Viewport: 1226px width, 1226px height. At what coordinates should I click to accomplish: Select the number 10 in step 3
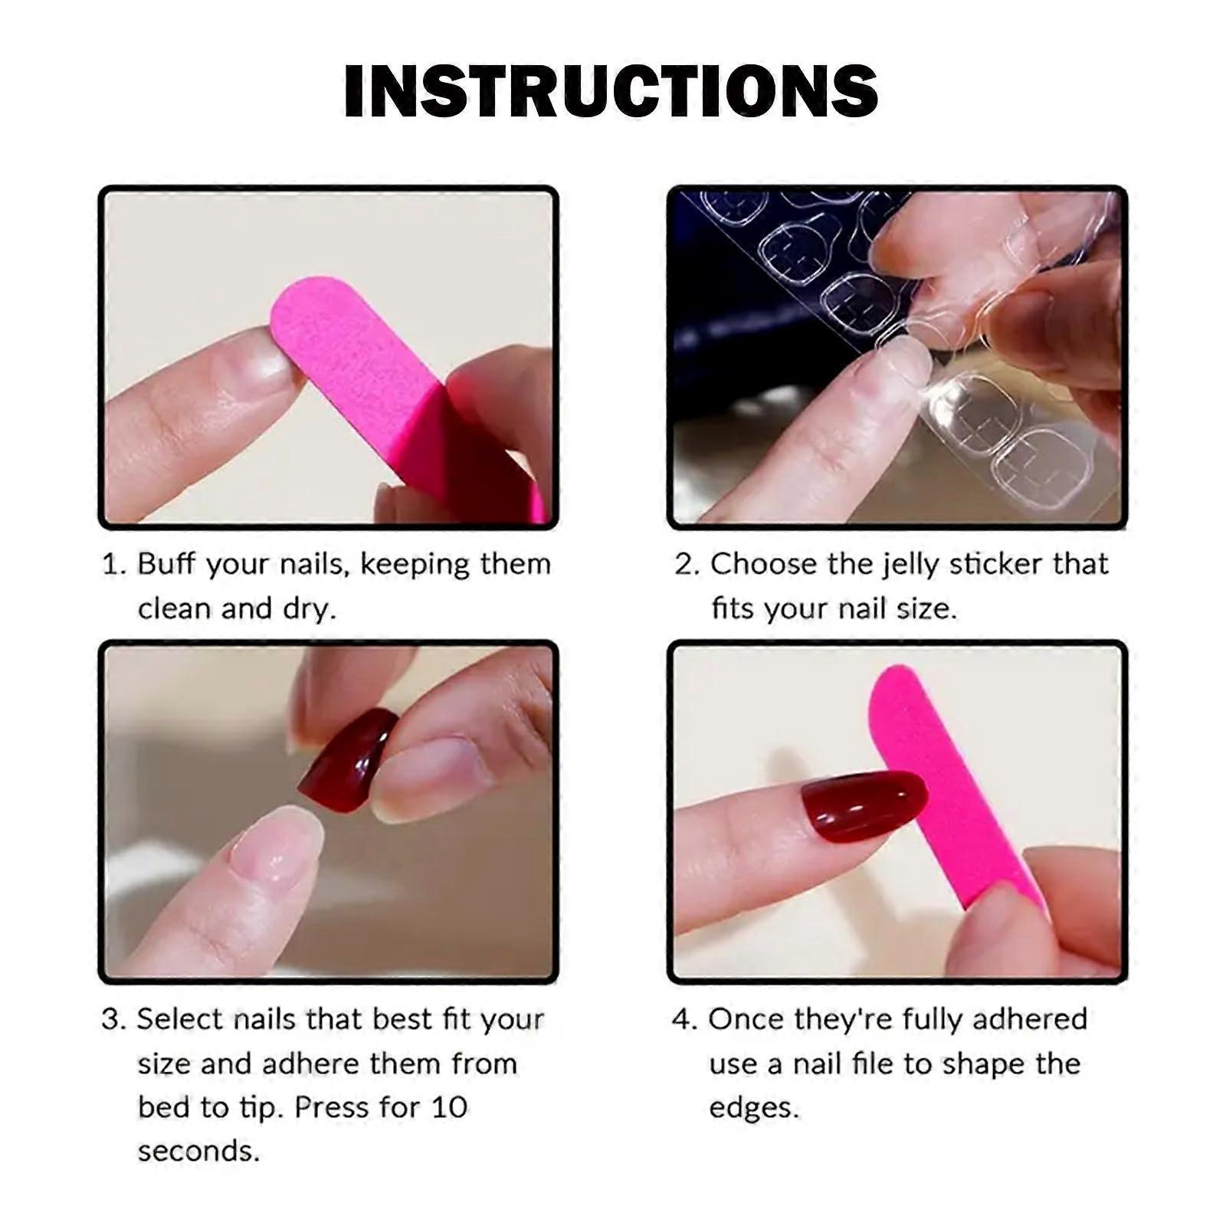point(448,1108)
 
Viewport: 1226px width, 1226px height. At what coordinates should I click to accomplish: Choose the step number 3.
point(111,1020)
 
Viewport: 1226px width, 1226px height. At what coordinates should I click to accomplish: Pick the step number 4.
point(681,1020)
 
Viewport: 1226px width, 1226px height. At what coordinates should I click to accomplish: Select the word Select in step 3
point(180,1019)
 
